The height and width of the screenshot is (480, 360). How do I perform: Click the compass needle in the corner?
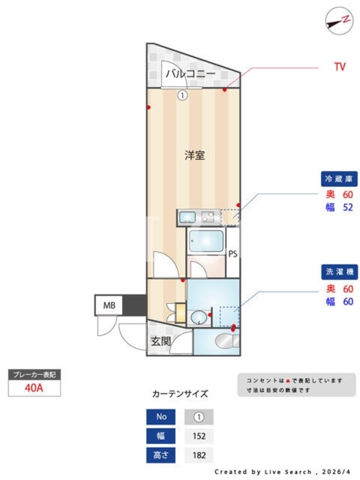point(335,24)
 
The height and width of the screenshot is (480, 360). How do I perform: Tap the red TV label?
point(340,67)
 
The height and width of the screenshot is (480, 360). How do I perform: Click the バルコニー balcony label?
point(190,74)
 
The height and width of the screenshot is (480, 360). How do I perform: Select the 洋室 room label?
point(194,155)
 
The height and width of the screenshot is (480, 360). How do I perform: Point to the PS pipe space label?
point(233,254)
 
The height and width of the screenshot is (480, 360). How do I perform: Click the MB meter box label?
point(109,305)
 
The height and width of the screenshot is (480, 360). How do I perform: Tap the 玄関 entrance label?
point(161,341)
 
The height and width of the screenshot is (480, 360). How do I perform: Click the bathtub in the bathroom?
point(206,241)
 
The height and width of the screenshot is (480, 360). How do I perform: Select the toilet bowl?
point(226,341)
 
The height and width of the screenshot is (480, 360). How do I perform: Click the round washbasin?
point(199,317)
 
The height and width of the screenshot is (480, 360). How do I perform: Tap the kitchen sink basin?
point(187,217)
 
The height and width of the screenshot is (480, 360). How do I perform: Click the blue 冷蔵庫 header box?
point(339,179)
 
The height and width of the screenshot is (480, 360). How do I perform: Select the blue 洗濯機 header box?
point(339,272)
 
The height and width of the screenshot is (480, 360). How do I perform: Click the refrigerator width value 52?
point(348,208)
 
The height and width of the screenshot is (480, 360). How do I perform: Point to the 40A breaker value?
point(34,388)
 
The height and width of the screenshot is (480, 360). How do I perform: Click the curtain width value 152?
point(199,436)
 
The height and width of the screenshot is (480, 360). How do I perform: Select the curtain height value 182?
point(199,455)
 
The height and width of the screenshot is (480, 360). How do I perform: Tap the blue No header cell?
point(161,416)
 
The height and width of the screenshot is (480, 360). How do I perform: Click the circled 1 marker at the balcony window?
point(182,96)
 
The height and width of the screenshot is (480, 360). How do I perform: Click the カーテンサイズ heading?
point(180,394)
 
